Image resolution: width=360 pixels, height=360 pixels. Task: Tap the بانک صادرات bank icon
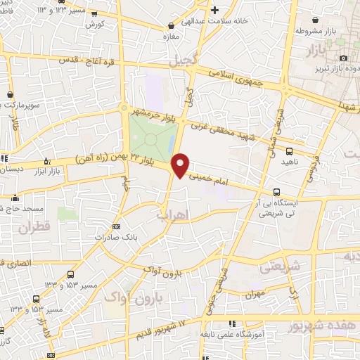point(116,226)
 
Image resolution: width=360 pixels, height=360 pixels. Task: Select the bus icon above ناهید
point(288,151)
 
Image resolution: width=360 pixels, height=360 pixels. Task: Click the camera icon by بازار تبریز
point(342,58)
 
